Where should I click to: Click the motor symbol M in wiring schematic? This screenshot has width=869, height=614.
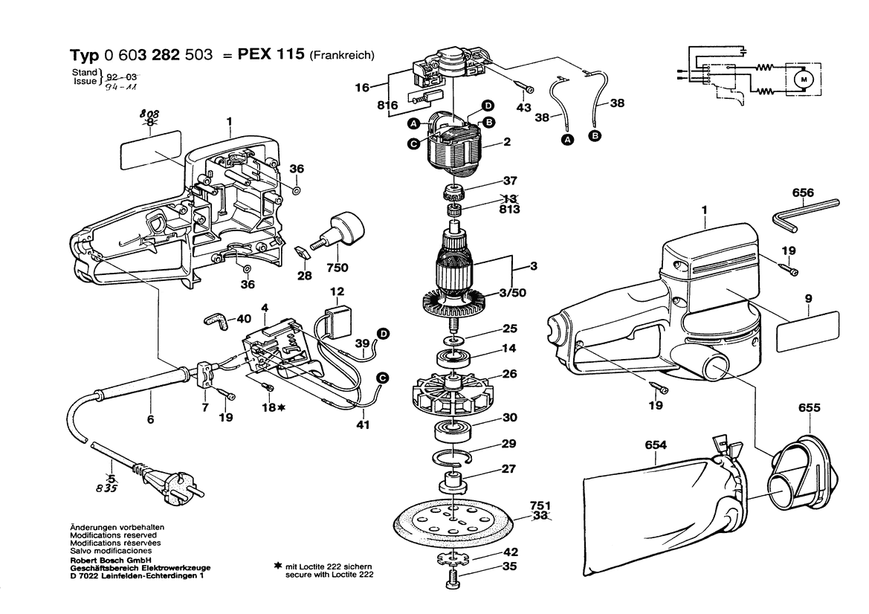(x=803, y=77)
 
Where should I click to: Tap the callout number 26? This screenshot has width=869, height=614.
(x=509, y=373)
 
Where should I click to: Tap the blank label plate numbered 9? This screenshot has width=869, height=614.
(x=807, y=331)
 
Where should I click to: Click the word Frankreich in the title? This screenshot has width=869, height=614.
(x=342, y=55)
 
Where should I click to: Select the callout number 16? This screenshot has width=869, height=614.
(x=362, y=88)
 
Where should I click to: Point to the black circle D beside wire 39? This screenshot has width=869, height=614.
(x=384, y=334)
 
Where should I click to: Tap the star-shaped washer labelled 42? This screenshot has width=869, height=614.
(x=451, y=557)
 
